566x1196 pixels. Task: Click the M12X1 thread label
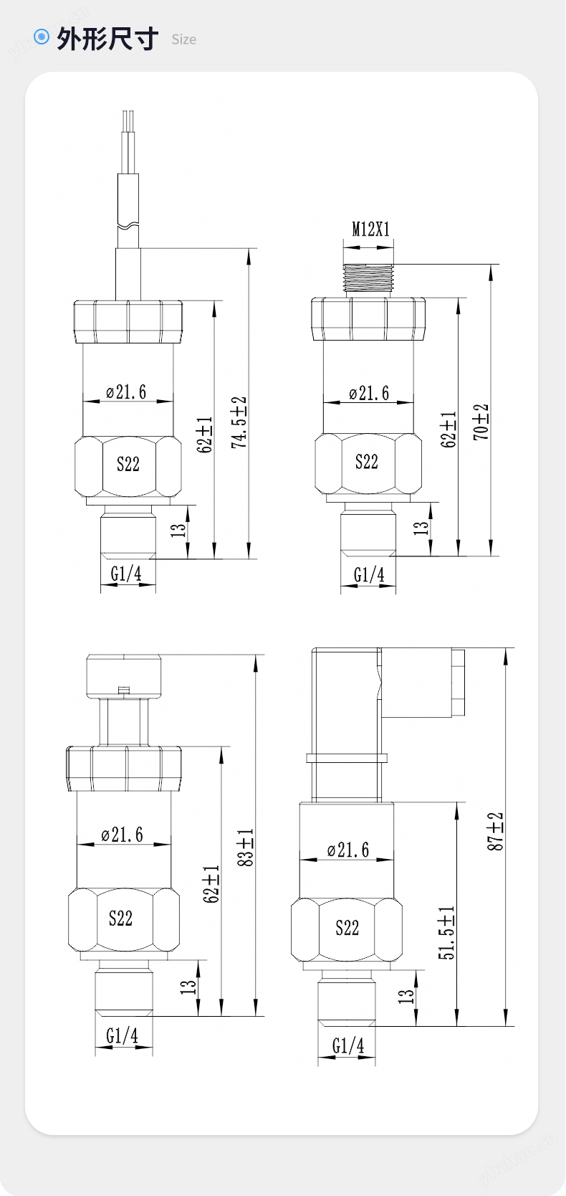point(370,229)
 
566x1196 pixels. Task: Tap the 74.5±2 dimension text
point(239,422)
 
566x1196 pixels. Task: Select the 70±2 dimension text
point(481,422)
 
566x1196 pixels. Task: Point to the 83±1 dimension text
point(246,848)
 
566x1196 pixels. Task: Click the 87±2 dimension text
point(495,831)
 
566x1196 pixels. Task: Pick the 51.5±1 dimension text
point(446,932)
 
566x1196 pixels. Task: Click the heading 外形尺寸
point(107,39)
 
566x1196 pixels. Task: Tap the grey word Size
point(184,39)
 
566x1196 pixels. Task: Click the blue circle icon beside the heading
point(41,37)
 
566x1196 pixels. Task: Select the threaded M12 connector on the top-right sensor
point(369,279)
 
